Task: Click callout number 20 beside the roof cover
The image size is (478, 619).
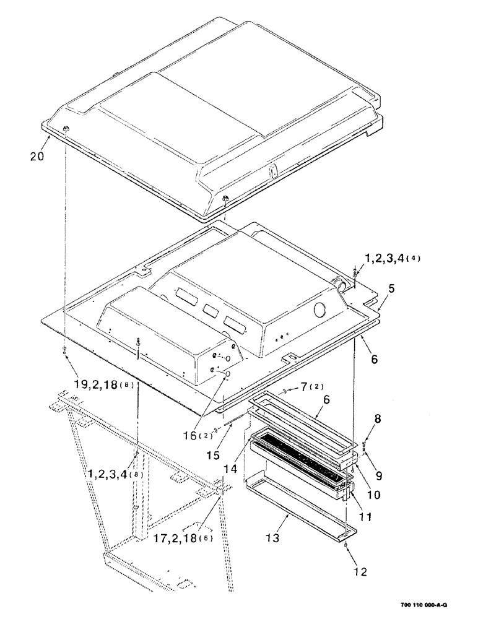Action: coord(37,157)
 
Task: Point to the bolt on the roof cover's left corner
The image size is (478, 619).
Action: coord(66,129)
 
